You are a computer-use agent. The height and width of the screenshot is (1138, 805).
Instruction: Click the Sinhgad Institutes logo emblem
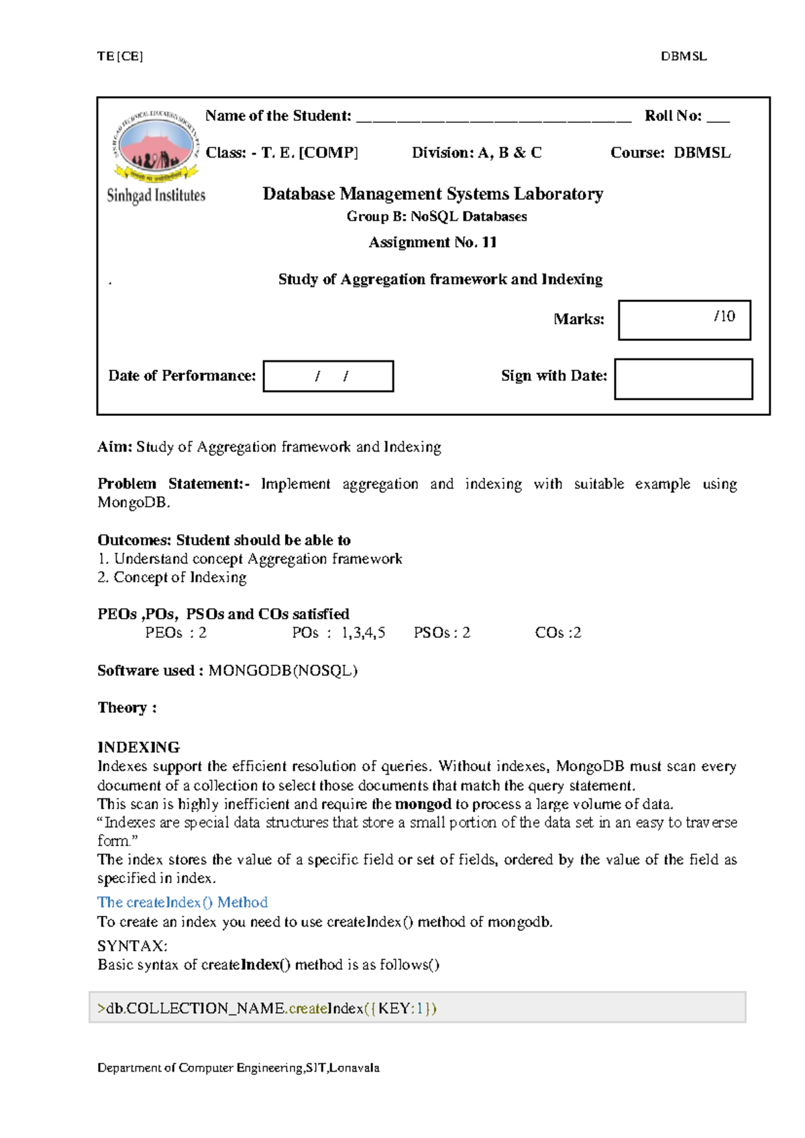[x=156, y=144]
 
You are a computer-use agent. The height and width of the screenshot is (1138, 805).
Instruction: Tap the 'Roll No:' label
[x=673, y=116]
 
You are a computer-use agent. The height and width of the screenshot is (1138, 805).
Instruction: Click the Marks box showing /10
[x=684, y=320]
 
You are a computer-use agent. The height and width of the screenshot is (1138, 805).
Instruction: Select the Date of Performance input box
[x=328, y=376]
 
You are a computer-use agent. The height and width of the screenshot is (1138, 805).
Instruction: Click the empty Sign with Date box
[x=683, y=379]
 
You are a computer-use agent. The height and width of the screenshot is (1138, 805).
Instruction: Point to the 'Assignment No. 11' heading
[x=433, y=242]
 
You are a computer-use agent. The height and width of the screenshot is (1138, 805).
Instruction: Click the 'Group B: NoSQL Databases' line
[x=437, y=217]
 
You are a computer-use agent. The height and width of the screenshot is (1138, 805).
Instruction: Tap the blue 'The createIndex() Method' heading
[x=182, y=902]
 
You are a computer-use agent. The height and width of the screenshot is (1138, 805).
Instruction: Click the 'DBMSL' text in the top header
[x=684, y=56]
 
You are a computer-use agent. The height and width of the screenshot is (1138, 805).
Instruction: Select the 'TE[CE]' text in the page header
[x=120, y=56]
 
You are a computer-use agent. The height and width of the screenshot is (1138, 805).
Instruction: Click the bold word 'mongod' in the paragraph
[x=423, y=804]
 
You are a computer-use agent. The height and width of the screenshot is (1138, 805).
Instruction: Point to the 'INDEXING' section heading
[x=138, y=747]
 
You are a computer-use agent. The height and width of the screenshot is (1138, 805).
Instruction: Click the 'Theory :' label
[x=127, y=708]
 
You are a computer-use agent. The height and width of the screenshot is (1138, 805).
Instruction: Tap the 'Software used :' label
[x=150, y=670]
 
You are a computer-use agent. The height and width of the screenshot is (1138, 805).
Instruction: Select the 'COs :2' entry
[x=557, y=633]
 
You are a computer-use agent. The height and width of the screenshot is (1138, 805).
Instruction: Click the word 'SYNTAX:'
[x=132, y=946]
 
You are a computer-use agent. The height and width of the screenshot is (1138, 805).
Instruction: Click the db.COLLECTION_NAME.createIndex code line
[x=267, y=1008]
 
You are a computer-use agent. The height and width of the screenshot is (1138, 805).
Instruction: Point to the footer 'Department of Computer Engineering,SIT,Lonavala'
[x=238, y=1068]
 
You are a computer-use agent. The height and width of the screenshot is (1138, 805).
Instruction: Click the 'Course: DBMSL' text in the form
[x=670, y=153]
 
